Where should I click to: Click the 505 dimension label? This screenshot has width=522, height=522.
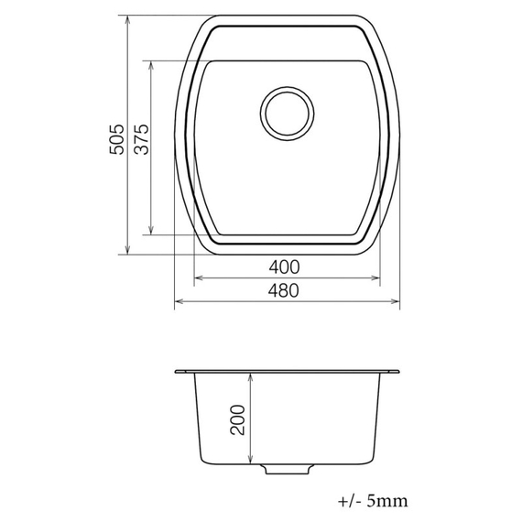click(115, 139)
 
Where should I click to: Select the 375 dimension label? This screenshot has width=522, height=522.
click(140, 140)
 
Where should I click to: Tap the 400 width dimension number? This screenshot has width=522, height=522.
click(285, 267)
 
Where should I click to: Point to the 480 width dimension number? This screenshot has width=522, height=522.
click(286, 290)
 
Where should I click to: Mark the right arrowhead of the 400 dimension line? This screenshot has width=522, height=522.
click(378, 278)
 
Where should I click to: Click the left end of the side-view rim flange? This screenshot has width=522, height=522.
click(177, 372)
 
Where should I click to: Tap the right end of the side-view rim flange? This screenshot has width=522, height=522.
click(398, 372)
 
